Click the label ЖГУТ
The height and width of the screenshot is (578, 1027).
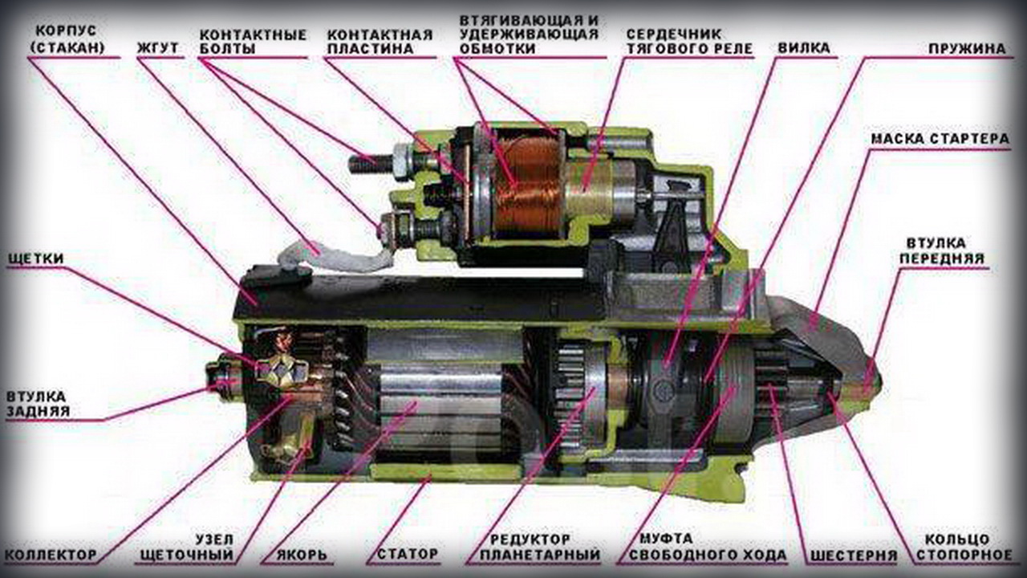tap(158, 49)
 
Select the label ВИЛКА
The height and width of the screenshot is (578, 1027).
tap(804, 49)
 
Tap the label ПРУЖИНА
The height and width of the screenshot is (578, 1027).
tap(968, 49)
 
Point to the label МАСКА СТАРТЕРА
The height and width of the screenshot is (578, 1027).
tap(940, 139)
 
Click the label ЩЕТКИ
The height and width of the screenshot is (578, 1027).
tap(36, 258)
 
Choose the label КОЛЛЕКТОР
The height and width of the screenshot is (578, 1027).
tap(51, 555)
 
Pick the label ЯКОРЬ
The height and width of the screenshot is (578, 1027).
tap(302, 555)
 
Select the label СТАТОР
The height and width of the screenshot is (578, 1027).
tap(408, 554)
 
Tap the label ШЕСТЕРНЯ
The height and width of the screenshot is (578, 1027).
tap(854, 555)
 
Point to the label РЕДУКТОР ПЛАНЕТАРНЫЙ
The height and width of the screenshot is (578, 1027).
tap(540, 547)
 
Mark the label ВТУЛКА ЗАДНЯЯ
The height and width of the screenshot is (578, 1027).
tap(38, 404)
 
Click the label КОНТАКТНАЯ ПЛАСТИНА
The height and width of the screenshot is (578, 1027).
tap(380, 42)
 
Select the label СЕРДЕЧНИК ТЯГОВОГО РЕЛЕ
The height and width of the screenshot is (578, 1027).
tap(689, 41)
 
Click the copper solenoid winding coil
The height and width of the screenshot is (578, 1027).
tap(528, 187)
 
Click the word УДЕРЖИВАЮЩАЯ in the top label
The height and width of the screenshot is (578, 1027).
tap(529, 35)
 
